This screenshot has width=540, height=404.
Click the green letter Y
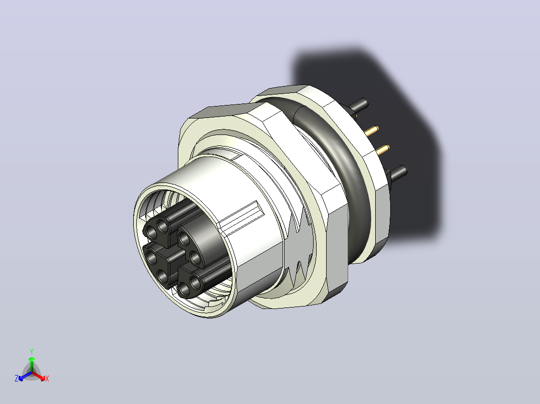coord(32,351)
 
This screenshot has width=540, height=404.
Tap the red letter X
coord(47,378)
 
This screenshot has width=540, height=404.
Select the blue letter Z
coord(17,378)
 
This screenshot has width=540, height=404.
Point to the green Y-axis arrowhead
coord(32,358)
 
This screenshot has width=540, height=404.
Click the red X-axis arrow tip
coord(44,378)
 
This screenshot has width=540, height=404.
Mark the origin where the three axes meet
coord(32,372)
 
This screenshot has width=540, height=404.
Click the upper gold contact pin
coord(372,130)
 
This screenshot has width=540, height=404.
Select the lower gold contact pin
coord(382,150)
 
